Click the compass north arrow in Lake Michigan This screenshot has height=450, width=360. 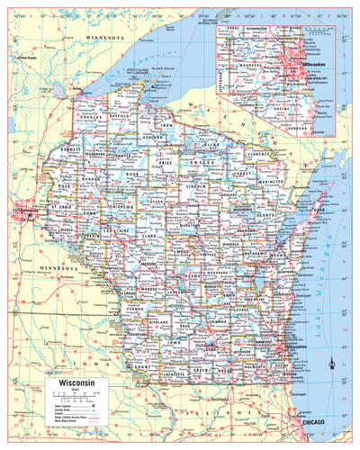click(333, 363)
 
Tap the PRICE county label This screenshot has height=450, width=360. click(165, 164)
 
